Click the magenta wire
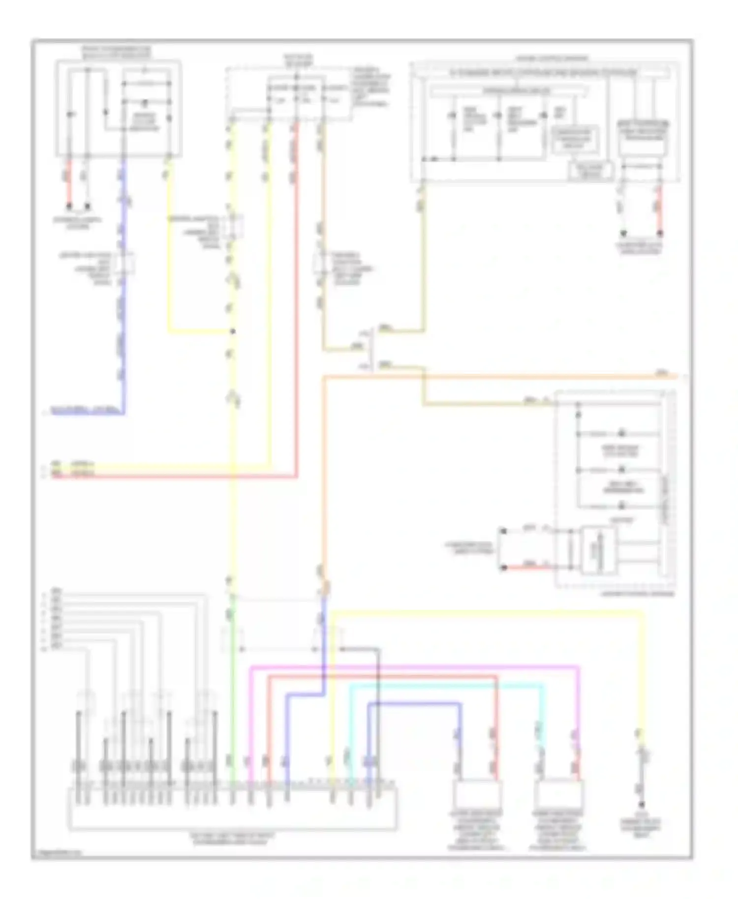point(413,667)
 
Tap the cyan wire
point(443,685)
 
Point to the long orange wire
point(492,377)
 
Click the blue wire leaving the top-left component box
point(123,295)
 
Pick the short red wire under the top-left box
point(69,182)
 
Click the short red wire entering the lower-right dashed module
point(526,568)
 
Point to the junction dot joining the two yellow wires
point(233,331)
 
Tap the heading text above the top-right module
point(551,58)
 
